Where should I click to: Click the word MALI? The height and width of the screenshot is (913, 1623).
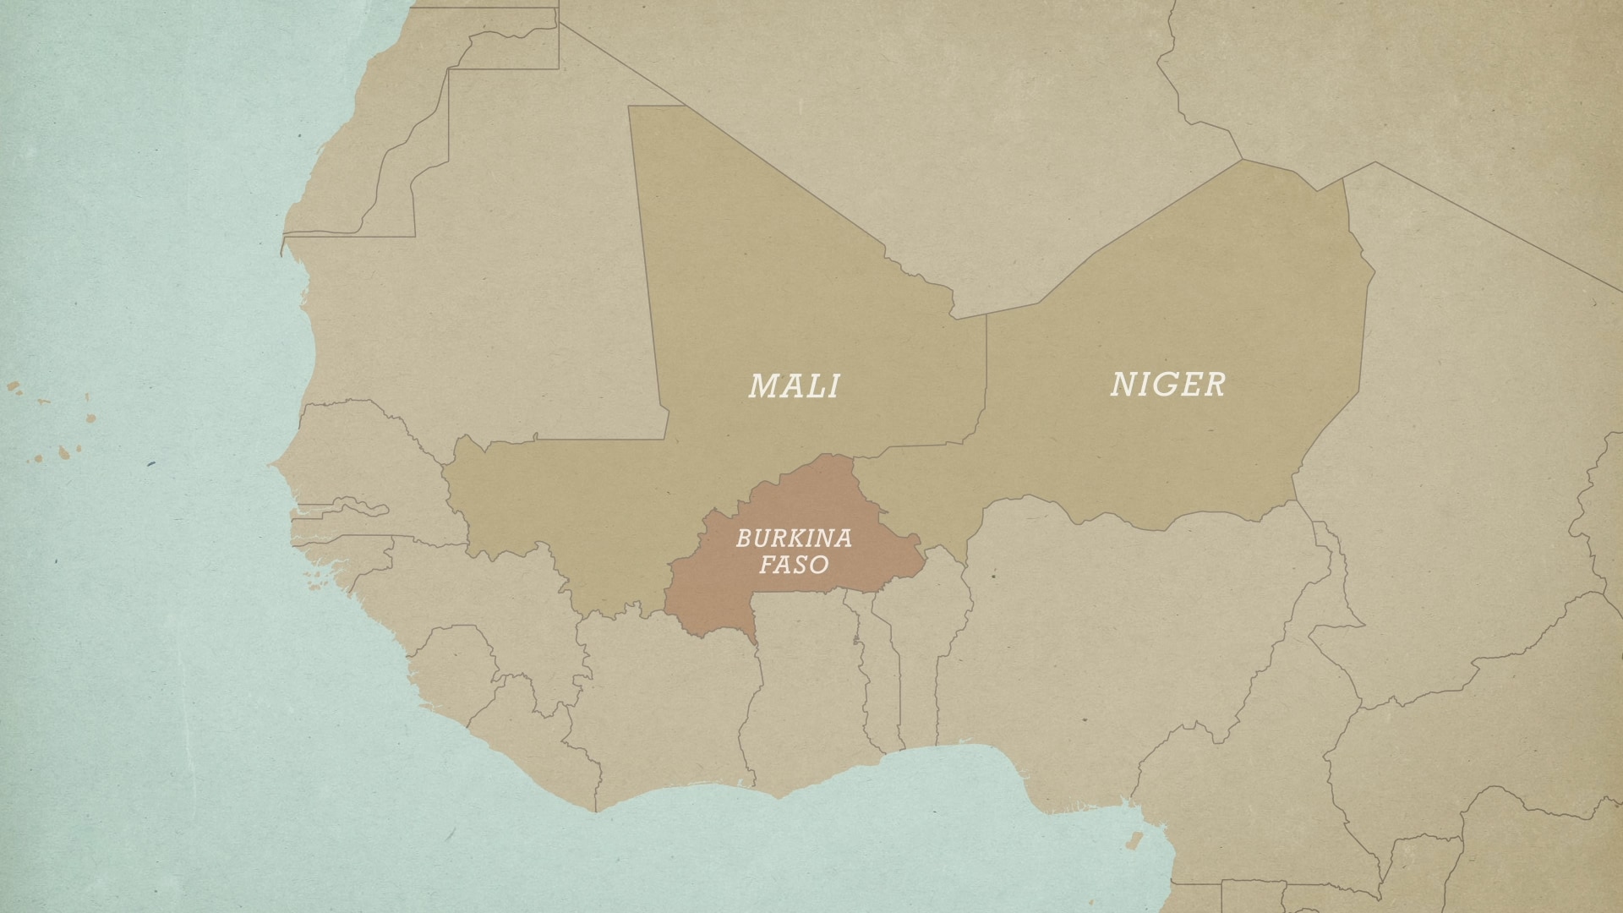[x=794, y=386]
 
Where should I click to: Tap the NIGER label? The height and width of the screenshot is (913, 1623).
[x=1167, y=385]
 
